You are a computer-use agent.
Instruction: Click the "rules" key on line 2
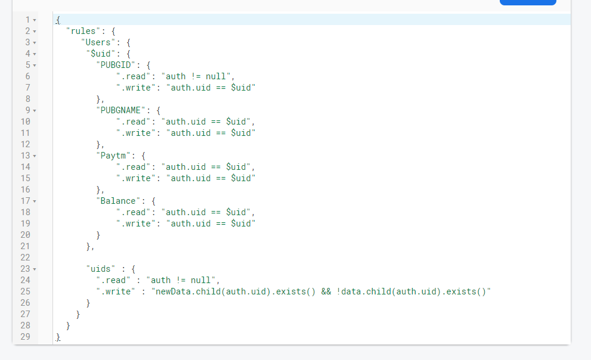point(83,31)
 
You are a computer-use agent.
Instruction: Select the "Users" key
point(98,42)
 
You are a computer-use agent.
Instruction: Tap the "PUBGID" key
point(116,65)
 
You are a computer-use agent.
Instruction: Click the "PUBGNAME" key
point(120,110)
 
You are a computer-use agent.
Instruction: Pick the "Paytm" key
point(113,156)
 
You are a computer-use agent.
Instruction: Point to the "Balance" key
point(118,201)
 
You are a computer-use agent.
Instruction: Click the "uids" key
point(101,268)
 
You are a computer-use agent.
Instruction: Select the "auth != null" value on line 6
point(196,76)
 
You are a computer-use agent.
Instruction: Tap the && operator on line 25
point(326,291)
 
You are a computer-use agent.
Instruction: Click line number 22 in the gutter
point(25,257)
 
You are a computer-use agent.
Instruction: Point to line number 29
point(25,337)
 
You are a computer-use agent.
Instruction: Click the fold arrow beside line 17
point(35,201)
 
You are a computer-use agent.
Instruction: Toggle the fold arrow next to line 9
point(35,111)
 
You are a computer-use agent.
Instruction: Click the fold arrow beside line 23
point(35,269)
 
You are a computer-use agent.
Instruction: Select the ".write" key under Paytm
point(136,178)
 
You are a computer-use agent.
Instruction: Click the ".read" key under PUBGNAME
point(134,121)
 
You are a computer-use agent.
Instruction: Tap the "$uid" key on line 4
point(101,54)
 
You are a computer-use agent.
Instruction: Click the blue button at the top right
point(528,2)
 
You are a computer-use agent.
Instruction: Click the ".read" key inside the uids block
point(113,280)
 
